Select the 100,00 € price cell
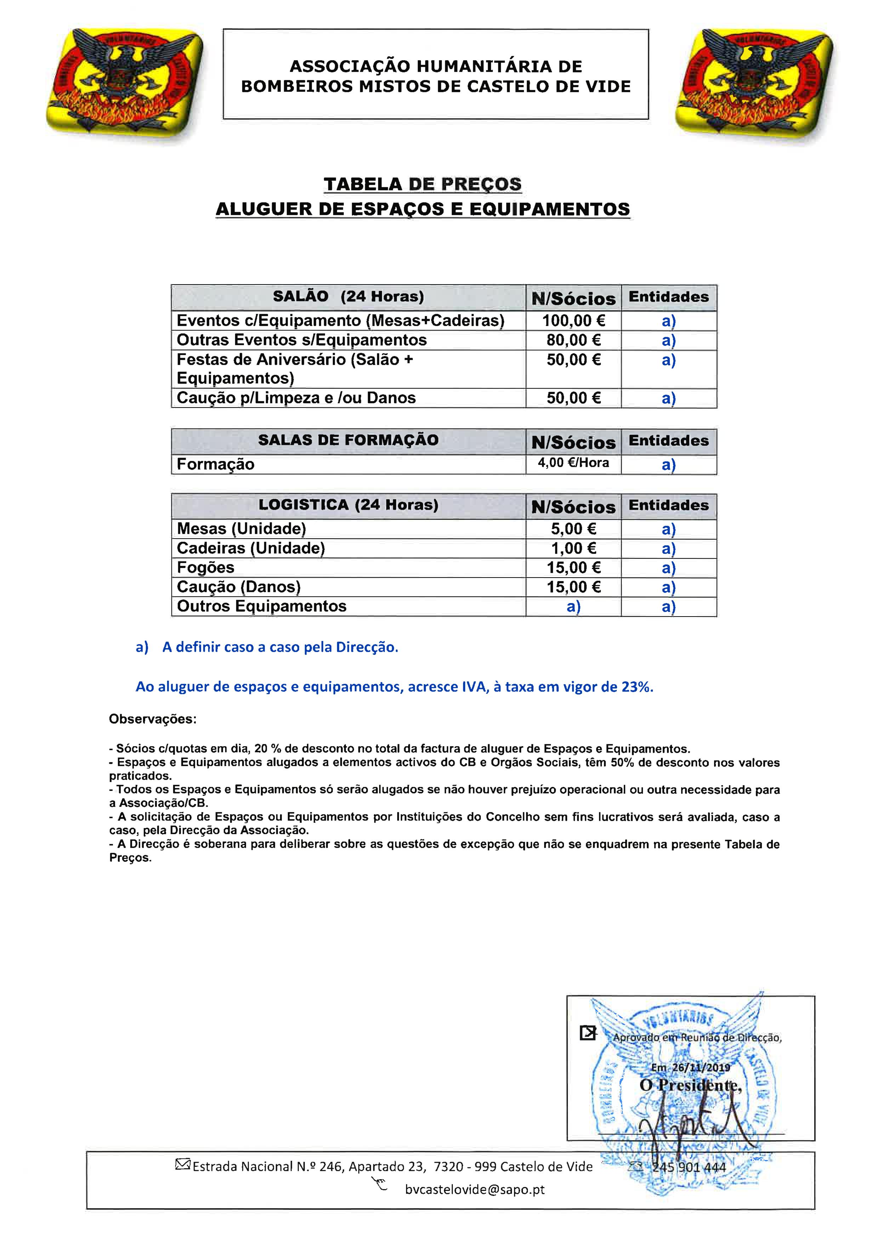point(574,321)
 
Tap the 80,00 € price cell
point(574,340)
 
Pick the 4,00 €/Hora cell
point(574,463)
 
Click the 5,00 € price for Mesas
point(574,529)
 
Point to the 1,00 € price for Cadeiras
point(574,549)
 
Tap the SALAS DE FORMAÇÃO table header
point(348,440)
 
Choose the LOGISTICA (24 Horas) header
point(348,505)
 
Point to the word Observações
point(153,720)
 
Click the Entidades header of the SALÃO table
point(669,297)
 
